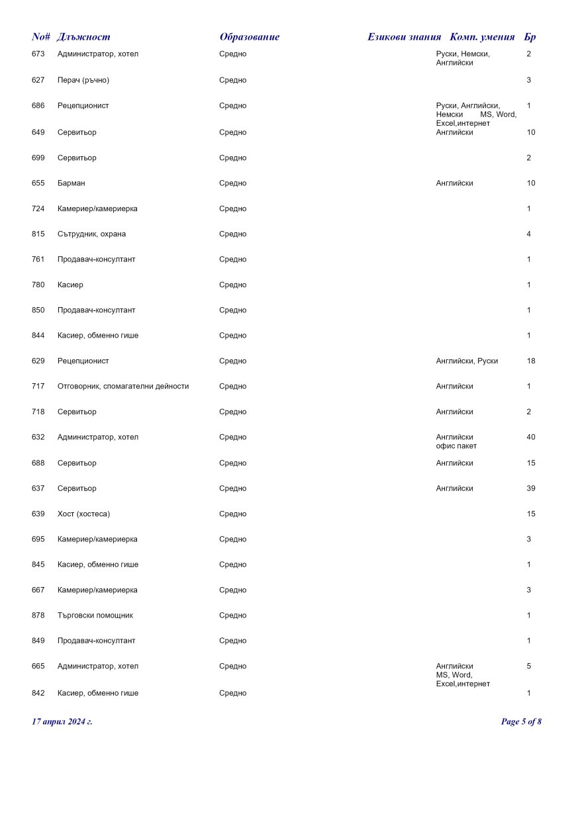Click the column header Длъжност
click(83, 37)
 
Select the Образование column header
click(250, 37)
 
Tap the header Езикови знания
click(404, 37)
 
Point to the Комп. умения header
click(482, 37)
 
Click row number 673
click(38, 54)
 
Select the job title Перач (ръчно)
click(83, 80)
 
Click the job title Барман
click(72, 183)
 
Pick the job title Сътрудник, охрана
click(91, 234)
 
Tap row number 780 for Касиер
click(38, 285)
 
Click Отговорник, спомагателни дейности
click(123, 386)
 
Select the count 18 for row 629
click(531, 361)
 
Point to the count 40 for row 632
click(531, 437)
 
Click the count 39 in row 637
click(531, 488)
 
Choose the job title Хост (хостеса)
click(84, 514)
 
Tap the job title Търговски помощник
click(95, 615)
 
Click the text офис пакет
click(456, 446)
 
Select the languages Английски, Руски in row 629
click(467, 361)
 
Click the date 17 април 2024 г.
click(62, 721)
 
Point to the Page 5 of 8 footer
click(521, 721)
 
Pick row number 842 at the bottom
click(38, 694)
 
